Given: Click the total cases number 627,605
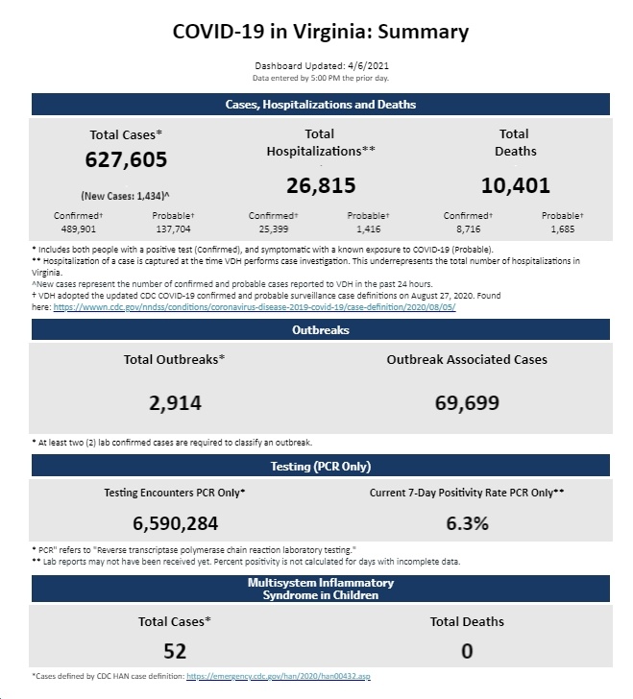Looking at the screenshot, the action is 126,159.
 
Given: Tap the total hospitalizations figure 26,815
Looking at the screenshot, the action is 321,185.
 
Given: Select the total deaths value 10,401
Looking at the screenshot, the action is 515,185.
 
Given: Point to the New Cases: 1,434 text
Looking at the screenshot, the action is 125,196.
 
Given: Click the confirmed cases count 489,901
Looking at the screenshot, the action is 79,229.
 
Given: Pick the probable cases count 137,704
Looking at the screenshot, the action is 173,229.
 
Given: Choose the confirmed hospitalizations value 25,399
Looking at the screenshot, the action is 274,229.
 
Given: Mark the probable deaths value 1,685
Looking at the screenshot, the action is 563,229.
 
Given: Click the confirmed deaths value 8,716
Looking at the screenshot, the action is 468,229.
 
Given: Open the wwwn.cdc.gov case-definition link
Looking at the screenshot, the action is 255,307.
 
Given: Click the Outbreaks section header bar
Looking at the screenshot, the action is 320,329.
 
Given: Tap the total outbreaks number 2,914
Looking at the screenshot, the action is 175,403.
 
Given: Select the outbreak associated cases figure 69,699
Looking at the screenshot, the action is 467,403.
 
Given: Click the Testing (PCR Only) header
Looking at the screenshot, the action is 320,466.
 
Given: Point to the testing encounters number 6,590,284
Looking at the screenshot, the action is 176,523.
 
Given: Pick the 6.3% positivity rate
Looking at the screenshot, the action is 467,523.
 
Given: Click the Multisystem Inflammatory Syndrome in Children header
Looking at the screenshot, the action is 320,589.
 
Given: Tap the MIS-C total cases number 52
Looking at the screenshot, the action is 175,651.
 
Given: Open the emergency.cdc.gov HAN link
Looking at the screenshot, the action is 279,676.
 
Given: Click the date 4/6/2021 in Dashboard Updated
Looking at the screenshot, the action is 368,66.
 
